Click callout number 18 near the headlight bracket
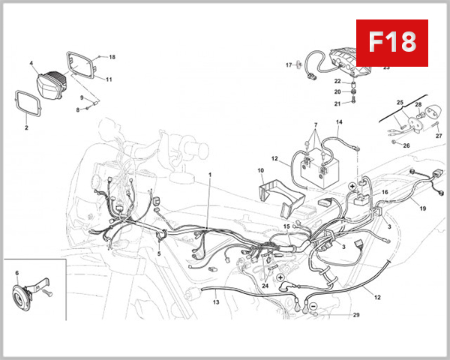point(112,57)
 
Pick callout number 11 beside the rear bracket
point(109,79)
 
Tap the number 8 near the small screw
point(76,110)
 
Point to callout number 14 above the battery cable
point(339,121)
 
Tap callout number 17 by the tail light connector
point(288,65)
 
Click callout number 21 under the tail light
point(337,103)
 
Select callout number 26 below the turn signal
point(407,145)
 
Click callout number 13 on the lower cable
point(216,303)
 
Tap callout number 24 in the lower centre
point(265,286)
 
